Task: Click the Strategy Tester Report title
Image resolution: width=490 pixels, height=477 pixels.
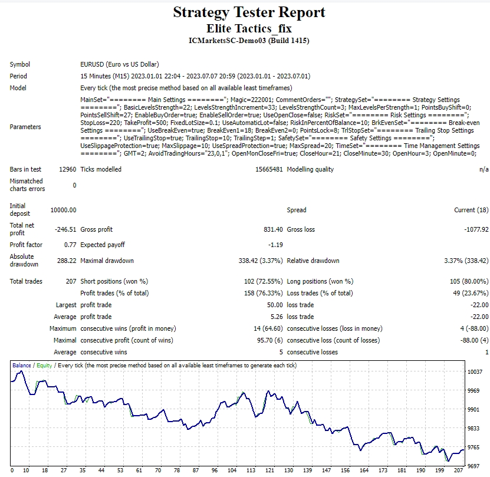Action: pos(249,12)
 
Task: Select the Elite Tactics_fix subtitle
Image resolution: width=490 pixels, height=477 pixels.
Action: pos(249,28)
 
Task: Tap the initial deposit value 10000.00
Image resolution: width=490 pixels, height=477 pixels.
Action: pos(64,210)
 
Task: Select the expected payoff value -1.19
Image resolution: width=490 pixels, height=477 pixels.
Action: pos(275,245)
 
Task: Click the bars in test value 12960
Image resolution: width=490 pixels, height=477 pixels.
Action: pos(67,169)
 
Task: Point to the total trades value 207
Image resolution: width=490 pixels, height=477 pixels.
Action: pos(71,281)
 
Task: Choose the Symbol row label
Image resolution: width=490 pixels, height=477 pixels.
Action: pos(19,64)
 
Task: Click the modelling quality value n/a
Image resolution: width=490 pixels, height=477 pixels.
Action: pos(484,169)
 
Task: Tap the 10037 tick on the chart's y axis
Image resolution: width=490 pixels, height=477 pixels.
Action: pos(476,372)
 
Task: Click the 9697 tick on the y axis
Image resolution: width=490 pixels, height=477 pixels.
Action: pos(475,466)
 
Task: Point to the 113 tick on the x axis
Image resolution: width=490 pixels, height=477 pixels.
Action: pos(251,471)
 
